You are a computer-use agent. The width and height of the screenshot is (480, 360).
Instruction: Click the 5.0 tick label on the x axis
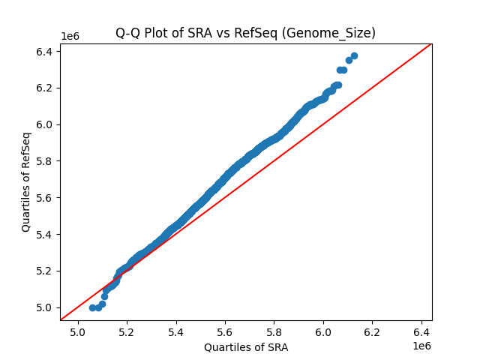point(78,333)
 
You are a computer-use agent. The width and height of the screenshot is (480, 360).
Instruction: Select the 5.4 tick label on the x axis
point(176,333)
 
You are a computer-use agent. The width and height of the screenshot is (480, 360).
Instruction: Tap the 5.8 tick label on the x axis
point(274,333)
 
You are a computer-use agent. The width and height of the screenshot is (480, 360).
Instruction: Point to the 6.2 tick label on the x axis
point(373,333)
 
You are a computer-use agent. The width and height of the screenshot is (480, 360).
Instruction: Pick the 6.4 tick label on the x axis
point(421,333)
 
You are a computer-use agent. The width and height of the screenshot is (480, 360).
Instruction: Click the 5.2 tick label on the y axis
point(45,271)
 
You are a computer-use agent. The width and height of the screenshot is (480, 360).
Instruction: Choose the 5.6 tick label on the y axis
point(45,197)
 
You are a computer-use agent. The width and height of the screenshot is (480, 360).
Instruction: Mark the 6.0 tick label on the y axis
point(45,124)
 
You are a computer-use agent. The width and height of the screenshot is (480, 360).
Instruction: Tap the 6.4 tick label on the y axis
point(45,52)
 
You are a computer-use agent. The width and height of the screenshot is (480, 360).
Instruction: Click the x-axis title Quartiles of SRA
point(246,347)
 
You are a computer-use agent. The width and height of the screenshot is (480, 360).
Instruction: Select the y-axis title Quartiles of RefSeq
point(26,181)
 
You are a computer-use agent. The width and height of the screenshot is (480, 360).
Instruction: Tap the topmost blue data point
point(354,55)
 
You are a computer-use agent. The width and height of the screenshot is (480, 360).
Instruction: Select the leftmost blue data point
point(92,307)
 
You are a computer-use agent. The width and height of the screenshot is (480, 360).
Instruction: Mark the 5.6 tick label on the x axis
point(226,333)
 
